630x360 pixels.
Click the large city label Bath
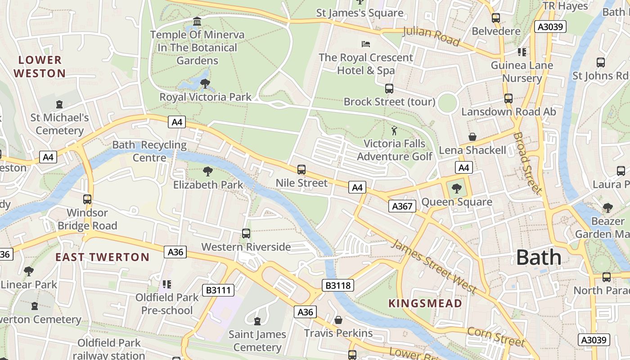click(539, 257)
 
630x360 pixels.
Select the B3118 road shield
click(338, 285)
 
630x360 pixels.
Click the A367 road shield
click(402, 206)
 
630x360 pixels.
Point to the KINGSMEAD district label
click(425, 303)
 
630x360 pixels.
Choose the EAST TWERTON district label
click(102, 257)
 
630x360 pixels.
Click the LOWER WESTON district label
click(40, 67)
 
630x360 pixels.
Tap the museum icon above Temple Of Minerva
click(197, 22)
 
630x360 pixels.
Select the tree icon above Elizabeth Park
click(207, 171)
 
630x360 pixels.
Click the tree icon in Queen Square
click(457, 188)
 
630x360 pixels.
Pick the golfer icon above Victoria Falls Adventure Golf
click(394, 130)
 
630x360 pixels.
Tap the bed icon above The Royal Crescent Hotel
click(366, 44)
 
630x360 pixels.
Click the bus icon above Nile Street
click(301, 170)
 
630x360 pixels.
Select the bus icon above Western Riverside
click(246, 233)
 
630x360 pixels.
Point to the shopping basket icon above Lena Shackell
click(472, 136)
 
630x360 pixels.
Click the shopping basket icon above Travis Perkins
click(338, 319)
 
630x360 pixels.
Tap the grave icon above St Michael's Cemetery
click(59, 104)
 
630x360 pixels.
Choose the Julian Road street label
click(431, 36)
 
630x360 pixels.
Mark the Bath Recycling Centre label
click(149, 151)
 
